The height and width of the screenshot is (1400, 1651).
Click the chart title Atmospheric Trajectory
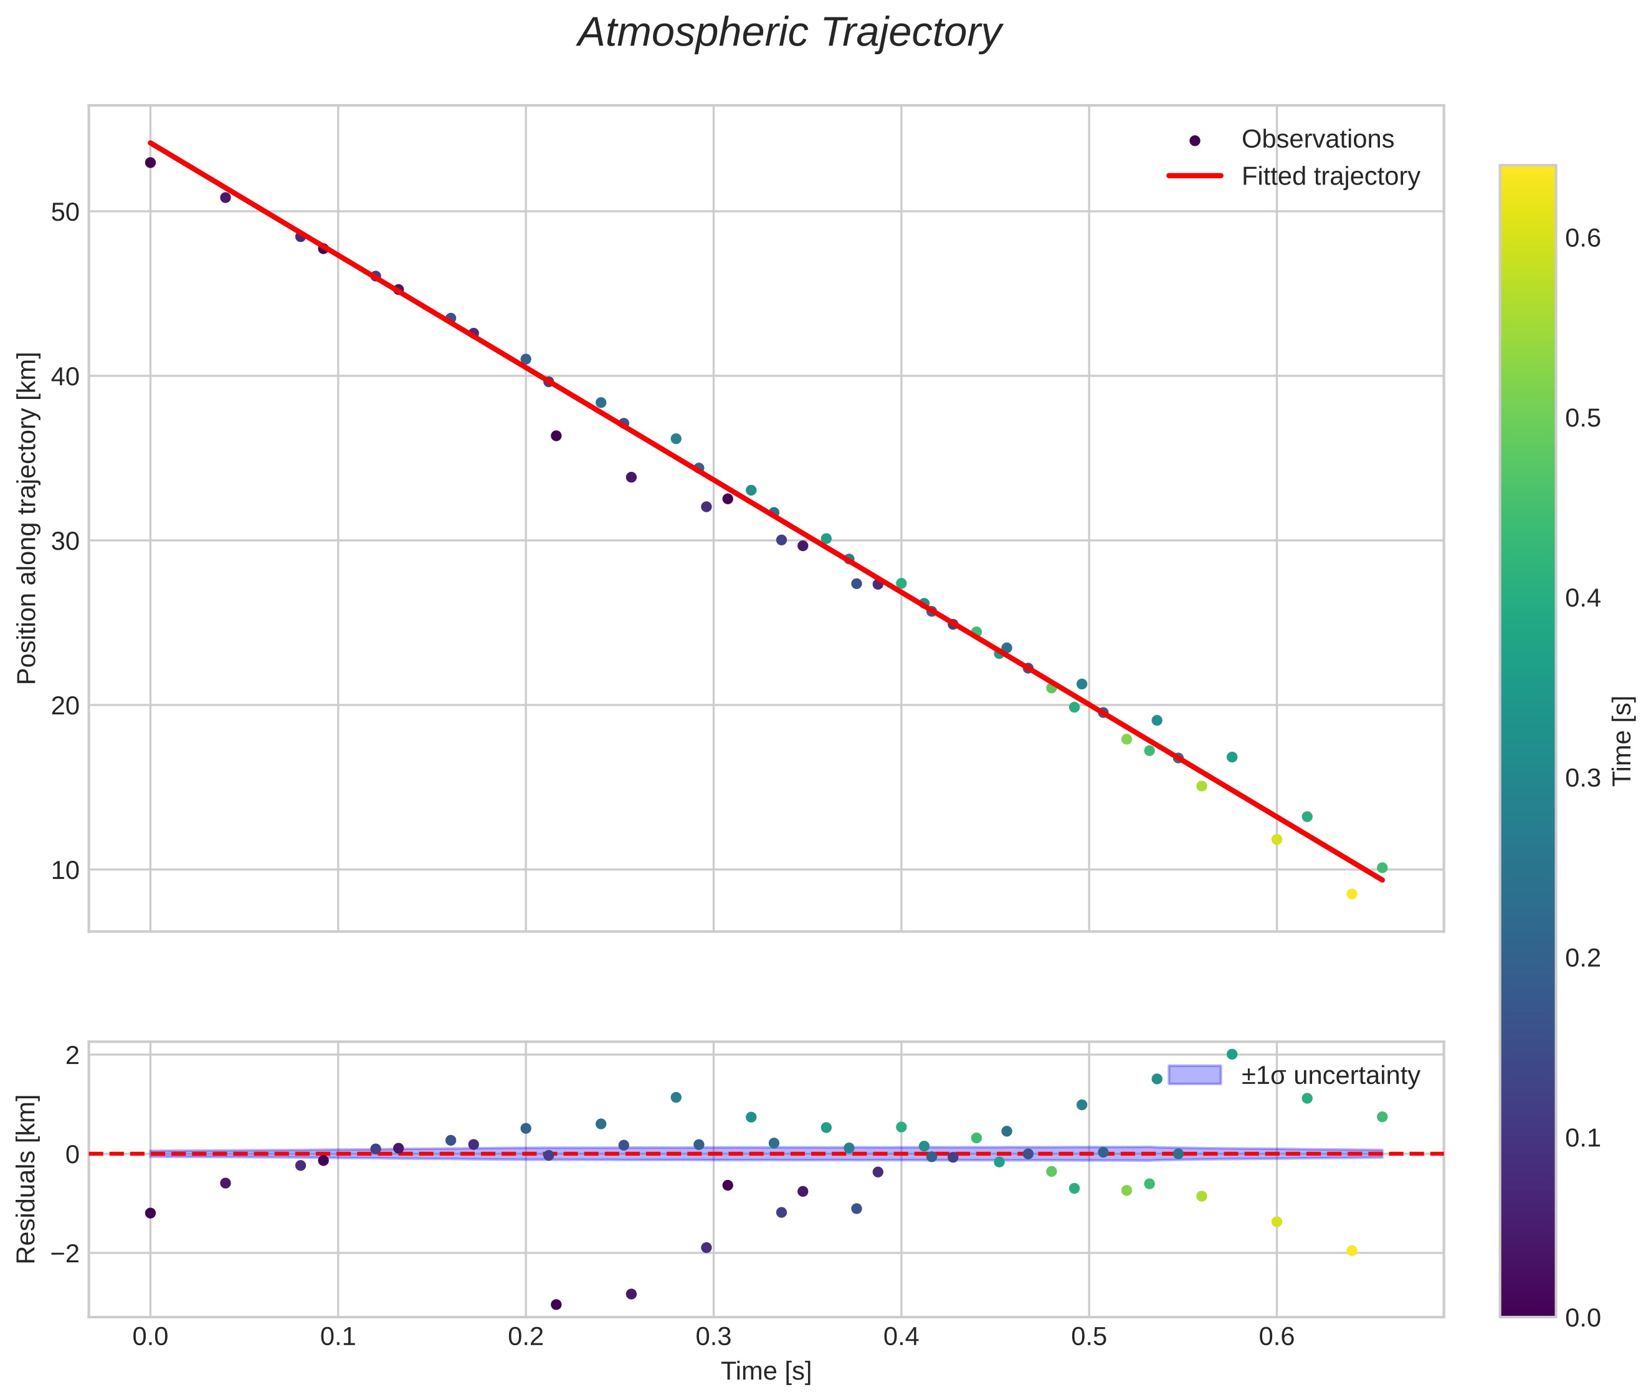pos(789,33)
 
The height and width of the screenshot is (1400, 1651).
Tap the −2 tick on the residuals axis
pos(60,1253)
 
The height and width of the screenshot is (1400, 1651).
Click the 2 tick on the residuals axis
pos(72,1055)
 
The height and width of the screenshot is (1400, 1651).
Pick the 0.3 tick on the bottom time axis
pos(713,1337)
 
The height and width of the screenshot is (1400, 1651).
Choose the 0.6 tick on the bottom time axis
pos(1277,1337)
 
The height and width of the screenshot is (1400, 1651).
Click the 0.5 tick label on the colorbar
pos(1582,418)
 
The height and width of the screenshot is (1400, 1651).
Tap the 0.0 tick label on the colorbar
pos(1582,1318)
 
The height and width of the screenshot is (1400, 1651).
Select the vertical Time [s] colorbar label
pos(1622,741)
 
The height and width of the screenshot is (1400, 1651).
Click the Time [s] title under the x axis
pos(766,1371)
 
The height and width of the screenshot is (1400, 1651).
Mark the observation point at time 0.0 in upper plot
pos(150,163)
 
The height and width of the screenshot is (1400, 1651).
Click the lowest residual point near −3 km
pos(556,1305)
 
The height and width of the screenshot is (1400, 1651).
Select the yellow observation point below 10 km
pos(1352,894)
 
